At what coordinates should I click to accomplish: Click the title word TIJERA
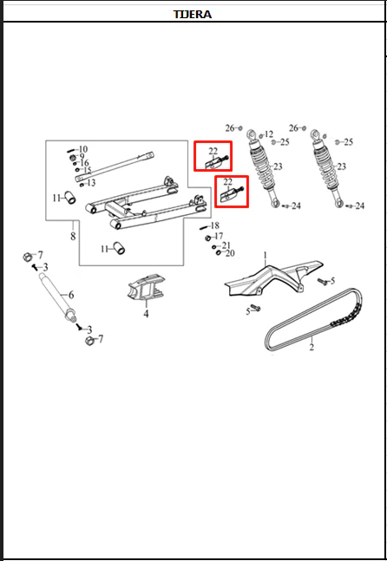tap(193, 15)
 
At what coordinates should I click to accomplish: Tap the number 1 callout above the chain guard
tap(266, 256)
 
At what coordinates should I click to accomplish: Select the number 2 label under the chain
tap(312, 347)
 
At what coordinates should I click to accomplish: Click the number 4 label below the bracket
tap(146, 314)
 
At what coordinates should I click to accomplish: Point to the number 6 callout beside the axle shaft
tap(71, 295)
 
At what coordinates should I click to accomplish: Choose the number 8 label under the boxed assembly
tap(73, 236)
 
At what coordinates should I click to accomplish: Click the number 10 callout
tap(83, 149)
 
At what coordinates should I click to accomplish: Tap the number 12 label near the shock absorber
tap(269, 134)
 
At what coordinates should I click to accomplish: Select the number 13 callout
tap(91, 183)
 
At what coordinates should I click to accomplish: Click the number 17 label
tap(219, 236)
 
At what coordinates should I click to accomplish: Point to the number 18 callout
tap(215, 225)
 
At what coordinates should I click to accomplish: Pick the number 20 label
tap(230, 253)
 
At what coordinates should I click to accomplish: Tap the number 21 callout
tap(226, 245)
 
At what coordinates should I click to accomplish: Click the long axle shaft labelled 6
tap(57, 297)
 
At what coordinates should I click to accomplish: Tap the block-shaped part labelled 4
tap(145, 287)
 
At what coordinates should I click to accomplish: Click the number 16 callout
tap(84, 163)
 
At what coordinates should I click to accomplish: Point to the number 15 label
tap(88, 170)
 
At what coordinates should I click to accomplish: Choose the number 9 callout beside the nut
tap(82, 156)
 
